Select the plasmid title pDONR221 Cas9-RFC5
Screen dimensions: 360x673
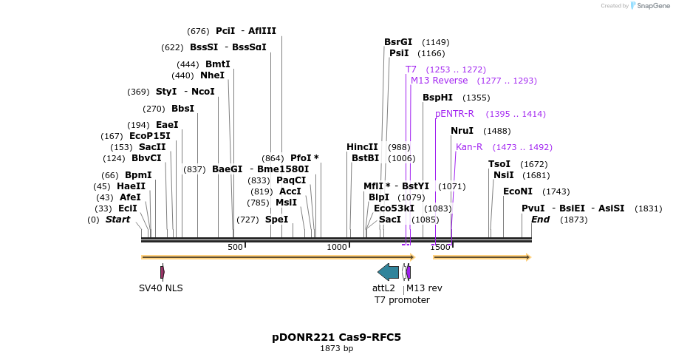[336, 337]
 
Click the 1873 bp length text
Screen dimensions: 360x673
[336, 348]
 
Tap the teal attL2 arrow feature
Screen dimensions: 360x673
[388, 271]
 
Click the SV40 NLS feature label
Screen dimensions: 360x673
[161, 288]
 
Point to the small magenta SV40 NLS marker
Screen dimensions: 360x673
[162, 272]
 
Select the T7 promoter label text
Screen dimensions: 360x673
[402, 299]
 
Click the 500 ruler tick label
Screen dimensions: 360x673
[235, 247]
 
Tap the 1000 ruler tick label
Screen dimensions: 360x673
[337, 247]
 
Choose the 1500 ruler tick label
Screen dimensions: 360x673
[440, 247]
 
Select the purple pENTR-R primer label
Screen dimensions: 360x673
[454, 114]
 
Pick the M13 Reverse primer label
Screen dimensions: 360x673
[439, 81]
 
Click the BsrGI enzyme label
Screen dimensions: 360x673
[399, 42]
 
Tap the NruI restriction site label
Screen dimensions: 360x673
[462, 131]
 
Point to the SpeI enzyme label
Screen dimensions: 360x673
[276, 220]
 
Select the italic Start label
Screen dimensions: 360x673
[117, 220]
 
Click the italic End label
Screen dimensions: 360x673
[540, 220]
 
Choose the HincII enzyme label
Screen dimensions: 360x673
[362, 147]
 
